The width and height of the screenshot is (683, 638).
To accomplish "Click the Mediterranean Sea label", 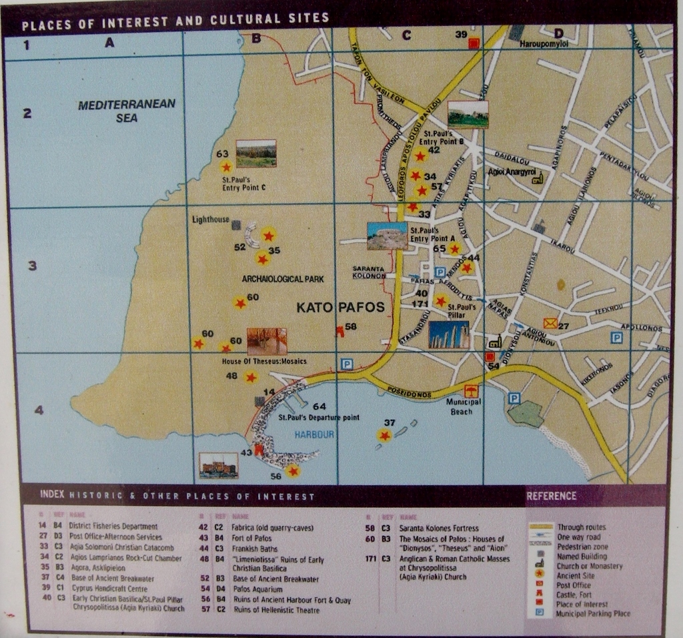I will pyautogui.click(x=126, y=110).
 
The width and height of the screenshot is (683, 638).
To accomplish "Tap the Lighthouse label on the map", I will pyautogui.click(x=210, y=219).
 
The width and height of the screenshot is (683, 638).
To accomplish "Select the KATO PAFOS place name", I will pyautogui.click(x=340, y=308).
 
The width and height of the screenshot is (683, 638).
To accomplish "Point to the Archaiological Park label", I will pyautogui.click(x=282, y=279).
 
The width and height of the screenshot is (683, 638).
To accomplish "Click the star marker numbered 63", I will pyautogui.click(x=226, y=167).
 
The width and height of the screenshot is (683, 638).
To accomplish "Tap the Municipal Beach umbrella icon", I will pyautogui.click(x=472, y=391).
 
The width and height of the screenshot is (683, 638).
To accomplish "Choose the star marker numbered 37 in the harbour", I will pyautogui.click(x=384, y=435).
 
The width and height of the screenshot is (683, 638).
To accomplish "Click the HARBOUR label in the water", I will pyautogui.click(x=313, y=434).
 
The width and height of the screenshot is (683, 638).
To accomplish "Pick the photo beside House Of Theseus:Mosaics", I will pyautogui.click(x=266, y=341).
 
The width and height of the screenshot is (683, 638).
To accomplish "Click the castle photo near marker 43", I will pyautogui.click(x=218, y=465).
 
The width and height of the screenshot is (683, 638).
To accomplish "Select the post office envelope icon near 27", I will pyautogui.click(x=550, y=324).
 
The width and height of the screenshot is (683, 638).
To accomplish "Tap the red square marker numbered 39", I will pyautogui.click(x=474, y=43).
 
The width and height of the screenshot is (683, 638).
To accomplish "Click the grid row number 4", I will pyautogui.click(x=39, y=410).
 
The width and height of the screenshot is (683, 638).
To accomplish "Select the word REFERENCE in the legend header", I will pyautogui.click(x=552, y=496).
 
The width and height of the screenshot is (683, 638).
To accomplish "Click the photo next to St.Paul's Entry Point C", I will pyautogui.click(x=256, y=153).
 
